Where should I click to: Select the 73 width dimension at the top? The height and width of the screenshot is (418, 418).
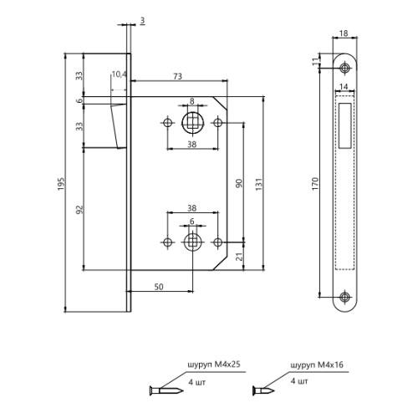point(177,76)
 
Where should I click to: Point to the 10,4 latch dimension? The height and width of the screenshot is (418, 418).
point(119,75)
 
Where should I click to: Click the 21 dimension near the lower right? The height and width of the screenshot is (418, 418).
point(237,257)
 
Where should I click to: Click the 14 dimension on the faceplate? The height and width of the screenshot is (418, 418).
point(344,85)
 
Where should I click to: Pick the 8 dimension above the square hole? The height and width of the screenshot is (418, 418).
point(191,101)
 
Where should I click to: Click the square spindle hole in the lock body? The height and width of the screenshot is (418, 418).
point(191,123)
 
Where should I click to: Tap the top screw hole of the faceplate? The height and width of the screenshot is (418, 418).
point(344,68)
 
